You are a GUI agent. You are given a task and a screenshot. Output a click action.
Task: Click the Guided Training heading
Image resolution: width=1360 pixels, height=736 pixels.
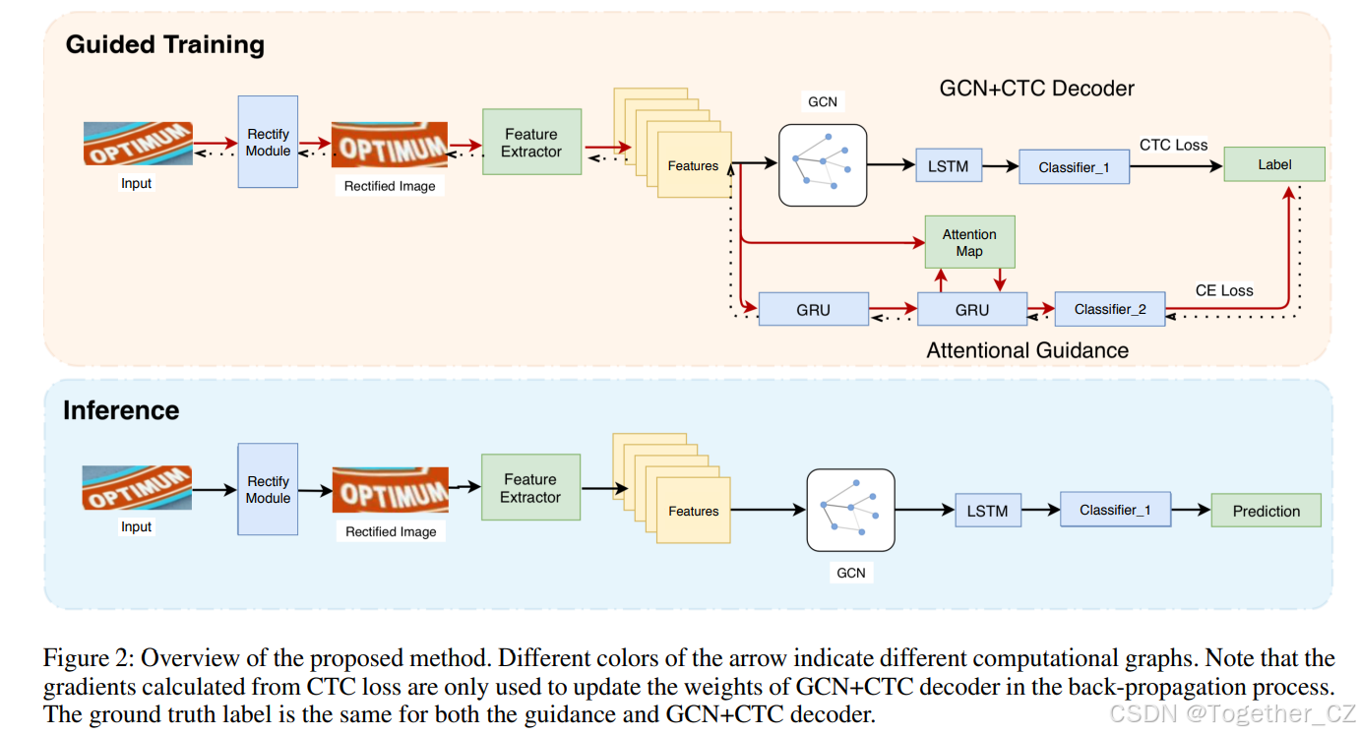tap(164, 45)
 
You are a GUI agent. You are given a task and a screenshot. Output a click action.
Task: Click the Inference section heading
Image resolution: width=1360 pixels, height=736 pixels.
tap(121, 410)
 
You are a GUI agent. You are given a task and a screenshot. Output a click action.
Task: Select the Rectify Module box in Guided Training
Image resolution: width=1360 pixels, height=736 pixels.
tap(268, 142)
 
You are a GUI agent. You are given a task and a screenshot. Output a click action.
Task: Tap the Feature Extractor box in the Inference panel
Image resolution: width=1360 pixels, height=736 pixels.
tap(530, 488)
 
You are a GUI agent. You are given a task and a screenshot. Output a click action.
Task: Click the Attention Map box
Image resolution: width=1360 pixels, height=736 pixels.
tap(969, 243)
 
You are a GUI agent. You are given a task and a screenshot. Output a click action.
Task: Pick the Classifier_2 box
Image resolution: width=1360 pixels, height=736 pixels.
tap(1109, 309)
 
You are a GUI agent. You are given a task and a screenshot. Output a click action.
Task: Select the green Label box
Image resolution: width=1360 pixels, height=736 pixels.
tap(1273, 164)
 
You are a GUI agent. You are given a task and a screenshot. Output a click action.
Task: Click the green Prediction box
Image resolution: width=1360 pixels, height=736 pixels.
tap(1266, 511)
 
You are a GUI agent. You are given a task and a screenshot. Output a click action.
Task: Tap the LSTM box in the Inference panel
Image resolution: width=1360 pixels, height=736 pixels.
tap(987, 511)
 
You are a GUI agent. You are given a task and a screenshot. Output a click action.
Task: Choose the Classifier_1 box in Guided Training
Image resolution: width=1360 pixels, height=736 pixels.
tap(1074, 167)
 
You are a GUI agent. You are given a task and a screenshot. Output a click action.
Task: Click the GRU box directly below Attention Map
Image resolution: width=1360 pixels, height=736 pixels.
tap(971, 310)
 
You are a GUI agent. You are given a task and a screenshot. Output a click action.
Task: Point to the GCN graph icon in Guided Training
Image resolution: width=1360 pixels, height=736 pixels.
tap(823, 164)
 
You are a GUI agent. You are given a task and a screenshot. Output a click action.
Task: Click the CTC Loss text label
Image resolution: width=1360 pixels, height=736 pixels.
tap(1173, 145)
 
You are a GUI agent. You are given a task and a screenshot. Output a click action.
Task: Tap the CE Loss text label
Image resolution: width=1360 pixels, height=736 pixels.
tap(1223, 290)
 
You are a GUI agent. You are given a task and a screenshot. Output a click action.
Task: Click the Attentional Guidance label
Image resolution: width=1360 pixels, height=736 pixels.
tap(1026, 350)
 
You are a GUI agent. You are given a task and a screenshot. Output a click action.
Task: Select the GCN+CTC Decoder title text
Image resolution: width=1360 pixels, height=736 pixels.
tap(1036, 89)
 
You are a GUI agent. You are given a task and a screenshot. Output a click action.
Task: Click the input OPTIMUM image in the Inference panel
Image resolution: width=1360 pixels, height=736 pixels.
tap(137, 488)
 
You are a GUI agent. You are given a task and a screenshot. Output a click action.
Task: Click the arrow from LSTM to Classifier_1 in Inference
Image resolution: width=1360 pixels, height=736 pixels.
tap(1039, 511)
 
